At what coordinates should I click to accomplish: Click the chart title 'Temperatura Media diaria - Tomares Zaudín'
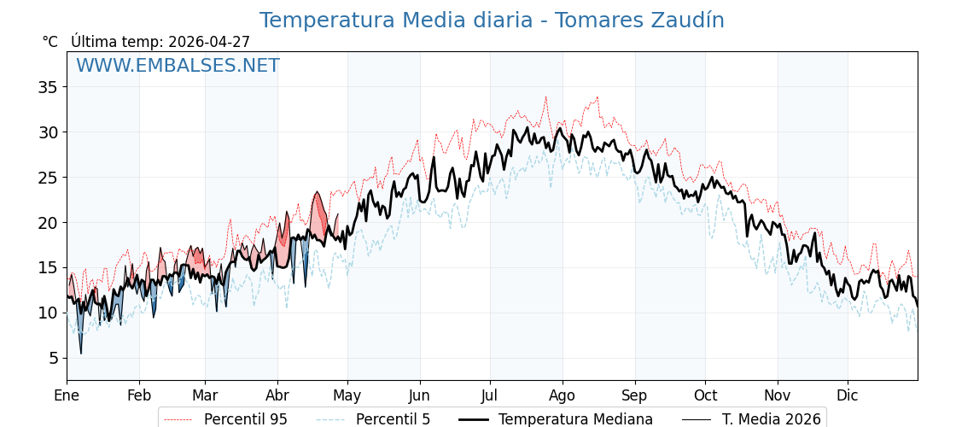tap(492, 20)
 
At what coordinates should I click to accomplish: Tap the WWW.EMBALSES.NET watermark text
tap(178, 66)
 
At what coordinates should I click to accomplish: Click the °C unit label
tap(50, 42)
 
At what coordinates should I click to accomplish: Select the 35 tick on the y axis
tap(48, 87)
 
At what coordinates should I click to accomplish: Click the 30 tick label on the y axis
tap(48, 132)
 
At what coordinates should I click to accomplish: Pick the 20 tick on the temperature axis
tap(48, 223)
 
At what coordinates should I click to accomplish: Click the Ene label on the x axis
tap(67, 395)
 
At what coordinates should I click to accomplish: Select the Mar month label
tap(205, 395)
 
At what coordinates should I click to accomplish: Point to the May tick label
tap(347, 395)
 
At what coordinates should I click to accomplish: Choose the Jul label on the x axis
tap(490, 395)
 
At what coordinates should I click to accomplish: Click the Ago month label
tap(563, 395)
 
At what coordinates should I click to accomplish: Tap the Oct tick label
tap(705, 395)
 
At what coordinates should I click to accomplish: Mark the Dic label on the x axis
tap(848, 395)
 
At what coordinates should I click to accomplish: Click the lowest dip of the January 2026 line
tap(81, 353)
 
